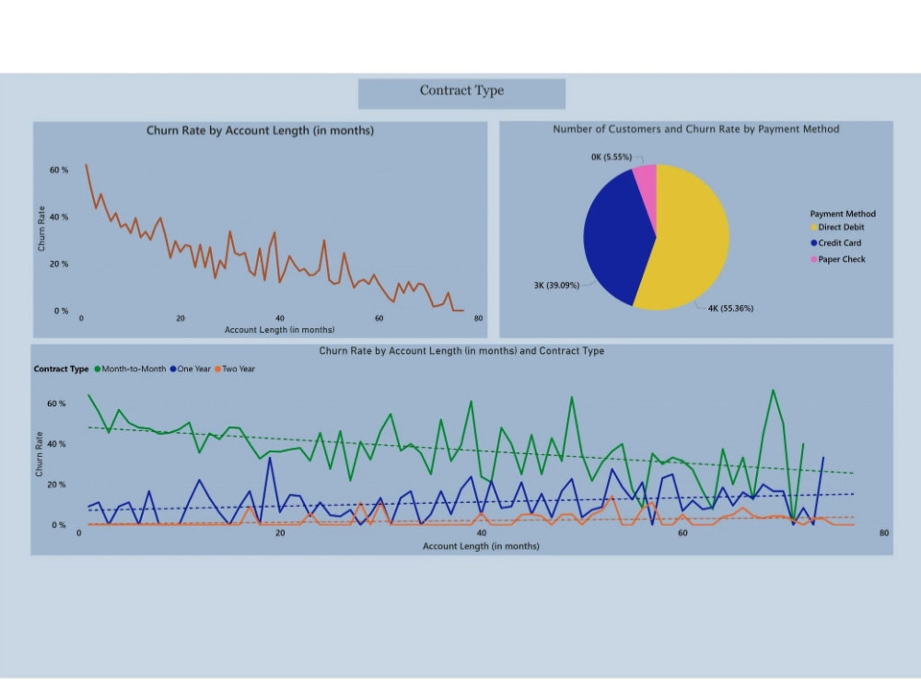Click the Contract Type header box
461,91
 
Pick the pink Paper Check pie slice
646,183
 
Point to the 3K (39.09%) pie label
556,286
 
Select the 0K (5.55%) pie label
611,158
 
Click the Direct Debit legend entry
840,228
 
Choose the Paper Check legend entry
841,259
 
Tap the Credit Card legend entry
840,243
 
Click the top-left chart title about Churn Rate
260,131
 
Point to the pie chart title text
695,130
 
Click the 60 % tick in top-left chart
59,170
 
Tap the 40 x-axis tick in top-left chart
279,319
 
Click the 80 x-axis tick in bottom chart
883,533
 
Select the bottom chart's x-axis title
481,546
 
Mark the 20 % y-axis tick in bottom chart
56,485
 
